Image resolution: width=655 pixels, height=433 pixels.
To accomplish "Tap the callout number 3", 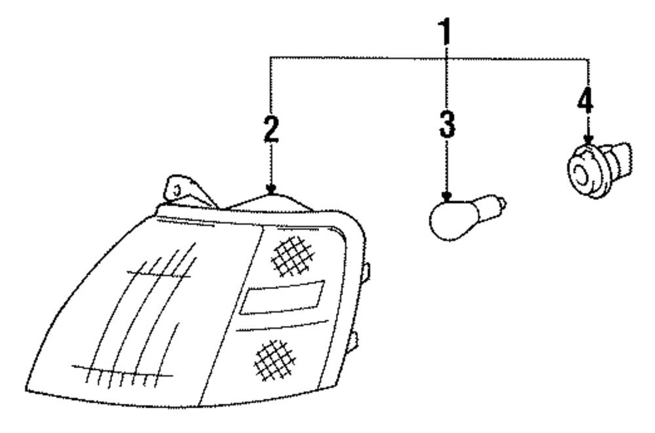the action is [447, 122].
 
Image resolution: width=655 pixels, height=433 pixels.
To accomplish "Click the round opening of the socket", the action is [581, 174].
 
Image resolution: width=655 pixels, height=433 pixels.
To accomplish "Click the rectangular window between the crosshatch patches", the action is [282, 297].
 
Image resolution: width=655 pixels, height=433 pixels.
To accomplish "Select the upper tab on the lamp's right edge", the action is [365, 271].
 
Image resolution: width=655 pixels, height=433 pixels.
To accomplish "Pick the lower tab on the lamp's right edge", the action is [354, 341].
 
